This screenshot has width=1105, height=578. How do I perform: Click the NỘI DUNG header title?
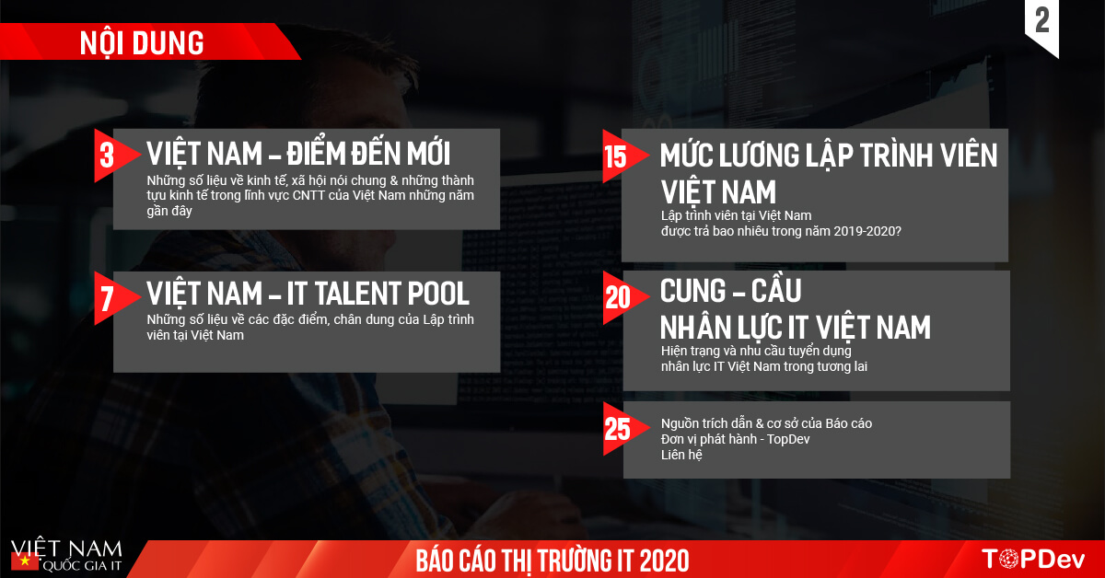coord(142,42)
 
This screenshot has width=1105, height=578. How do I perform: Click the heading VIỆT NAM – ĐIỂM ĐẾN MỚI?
coord(298,154)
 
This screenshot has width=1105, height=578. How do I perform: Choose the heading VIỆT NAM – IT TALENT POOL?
coord(308,294)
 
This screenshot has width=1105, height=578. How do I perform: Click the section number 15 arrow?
coord(617,156)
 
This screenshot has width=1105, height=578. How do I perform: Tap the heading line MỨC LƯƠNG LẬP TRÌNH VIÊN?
coord(828,156)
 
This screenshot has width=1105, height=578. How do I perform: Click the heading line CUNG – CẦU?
coord(730,291)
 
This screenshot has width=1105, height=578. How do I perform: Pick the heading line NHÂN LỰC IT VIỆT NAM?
coord(795,327)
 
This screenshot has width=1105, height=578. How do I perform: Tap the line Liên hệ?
coord(681,455)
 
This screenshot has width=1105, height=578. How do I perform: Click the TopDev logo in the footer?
coord(1034,559)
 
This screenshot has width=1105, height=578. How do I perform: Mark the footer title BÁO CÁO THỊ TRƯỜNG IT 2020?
coord(552,560)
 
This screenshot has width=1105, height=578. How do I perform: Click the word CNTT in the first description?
coord(308,196)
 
